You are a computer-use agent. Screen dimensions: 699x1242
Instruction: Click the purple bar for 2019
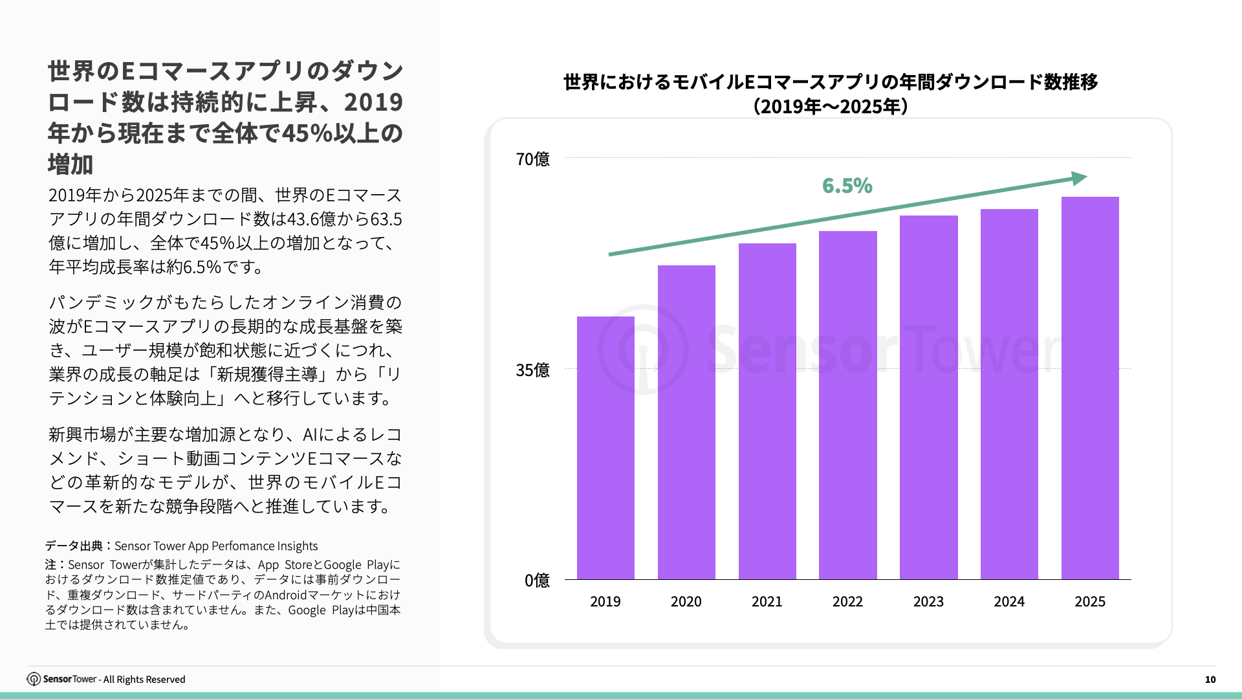tap(605, 448)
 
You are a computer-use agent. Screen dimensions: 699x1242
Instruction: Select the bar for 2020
tap(686, 422)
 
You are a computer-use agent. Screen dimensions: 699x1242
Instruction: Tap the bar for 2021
tap(767, 411)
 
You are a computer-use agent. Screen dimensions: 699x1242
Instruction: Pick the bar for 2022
tap(847, 405)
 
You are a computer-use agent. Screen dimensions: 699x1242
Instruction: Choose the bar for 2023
tap(928, 397)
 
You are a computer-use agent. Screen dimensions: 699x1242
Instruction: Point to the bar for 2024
tap(1009, 394)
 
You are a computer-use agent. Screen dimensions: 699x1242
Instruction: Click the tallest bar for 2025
tap(1090, 388)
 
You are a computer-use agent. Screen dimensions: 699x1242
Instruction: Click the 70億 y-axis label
tap(532, 159)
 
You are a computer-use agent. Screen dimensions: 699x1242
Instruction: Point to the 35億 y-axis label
tap(532, 370)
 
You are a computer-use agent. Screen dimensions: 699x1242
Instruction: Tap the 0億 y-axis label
tap(537, 581)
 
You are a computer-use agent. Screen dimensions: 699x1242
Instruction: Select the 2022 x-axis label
tap(847, 602)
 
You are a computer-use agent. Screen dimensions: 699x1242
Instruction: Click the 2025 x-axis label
tap(1090, 602)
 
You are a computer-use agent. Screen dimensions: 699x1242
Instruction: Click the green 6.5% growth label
tap(847, 186)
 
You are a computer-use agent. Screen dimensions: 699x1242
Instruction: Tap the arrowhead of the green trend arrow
tap(1079, 178)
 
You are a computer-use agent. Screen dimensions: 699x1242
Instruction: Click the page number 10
tap(1210, 680)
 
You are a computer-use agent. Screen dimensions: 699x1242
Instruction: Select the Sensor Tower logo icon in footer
tap(34, 679)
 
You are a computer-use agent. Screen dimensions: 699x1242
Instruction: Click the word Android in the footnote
tap(285, 595)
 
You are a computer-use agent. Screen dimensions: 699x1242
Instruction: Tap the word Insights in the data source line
tap(297, 546)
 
